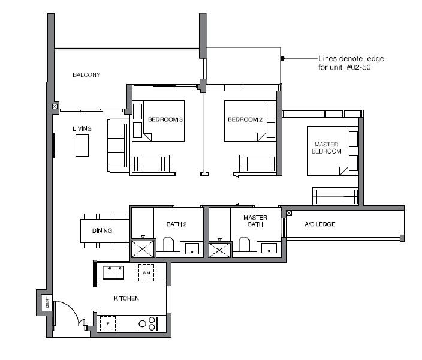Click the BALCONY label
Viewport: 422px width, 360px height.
point(86,74)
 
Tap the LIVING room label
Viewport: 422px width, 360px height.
point(82,128)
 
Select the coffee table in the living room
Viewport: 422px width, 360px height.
point(82,146)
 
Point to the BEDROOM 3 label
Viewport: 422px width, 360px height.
point(165,119)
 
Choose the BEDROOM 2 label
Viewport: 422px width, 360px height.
point(245,119)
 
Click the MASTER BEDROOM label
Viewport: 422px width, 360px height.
point(327,148)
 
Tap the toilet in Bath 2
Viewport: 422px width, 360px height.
point(168,244)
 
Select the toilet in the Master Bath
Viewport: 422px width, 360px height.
point(245,244)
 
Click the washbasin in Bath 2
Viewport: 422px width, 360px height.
point(192,248)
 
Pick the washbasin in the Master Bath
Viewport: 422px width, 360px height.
point(269,248)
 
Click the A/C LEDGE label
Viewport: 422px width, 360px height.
point(320,224)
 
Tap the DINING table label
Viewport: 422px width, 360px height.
point(102,230)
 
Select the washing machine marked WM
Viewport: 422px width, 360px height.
point(146,272)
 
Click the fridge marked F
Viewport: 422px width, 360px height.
point(108,323)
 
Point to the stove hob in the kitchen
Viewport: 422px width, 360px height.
point(147,323)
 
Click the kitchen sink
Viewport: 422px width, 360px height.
point(113,272)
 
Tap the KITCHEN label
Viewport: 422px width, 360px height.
point(126,298)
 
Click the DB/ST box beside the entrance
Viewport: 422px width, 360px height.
point(47,302)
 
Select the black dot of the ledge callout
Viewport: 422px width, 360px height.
point(282,58)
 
